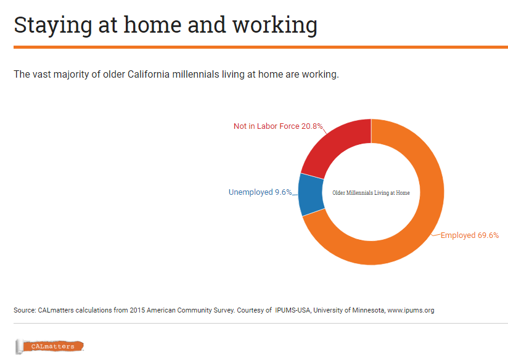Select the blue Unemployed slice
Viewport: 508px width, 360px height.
311,194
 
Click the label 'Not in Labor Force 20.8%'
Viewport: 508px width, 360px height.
278,126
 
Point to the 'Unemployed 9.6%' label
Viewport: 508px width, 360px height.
260,192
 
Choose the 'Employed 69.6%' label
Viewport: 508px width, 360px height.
469,235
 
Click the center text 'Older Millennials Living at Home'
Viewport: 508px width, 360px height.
371,193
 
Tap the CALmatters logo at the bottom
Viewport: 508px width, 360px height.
49,346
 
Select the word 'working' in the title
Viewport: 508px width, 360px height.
275,26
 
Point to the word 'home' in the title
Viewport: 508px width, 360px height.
152,25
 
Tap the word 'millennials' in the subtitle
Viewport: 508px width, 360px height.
195,74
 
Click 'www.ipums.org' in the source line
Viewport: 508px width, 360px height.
411,310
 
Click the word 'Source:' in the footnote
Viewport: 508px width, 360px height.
25,310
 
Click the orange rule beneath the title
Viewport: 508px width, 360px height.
261,47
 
